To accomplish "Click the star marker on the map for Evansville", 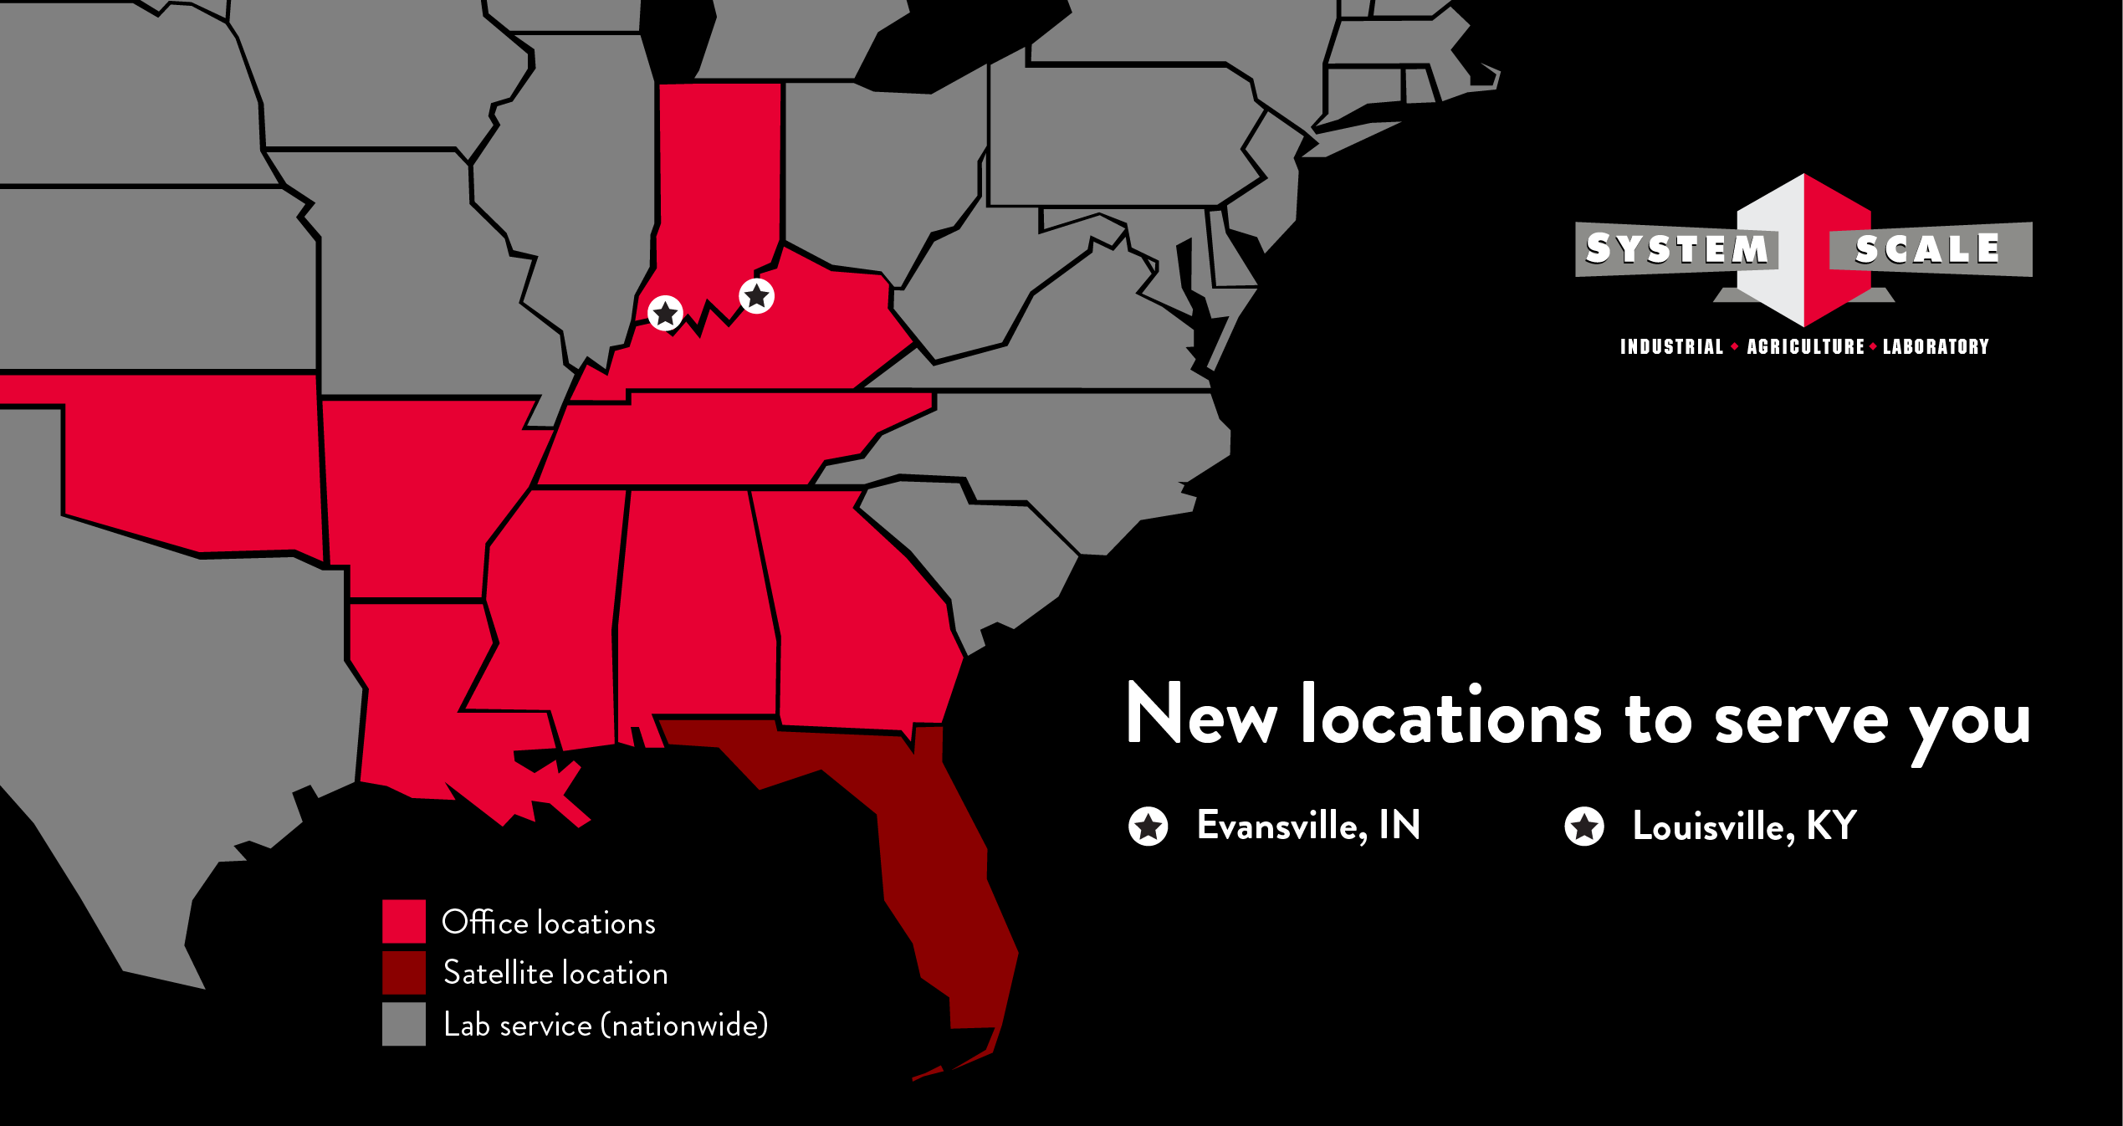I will tap(665, 314).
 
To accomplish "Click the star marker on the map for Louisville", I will tap(757, 296).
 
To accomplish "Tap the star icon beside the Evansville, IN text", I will tap(1148, 827).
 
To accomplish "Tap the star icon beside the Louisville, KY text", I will tap(1584, 827).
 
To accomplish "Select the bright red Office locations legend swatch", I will tap(404, 922).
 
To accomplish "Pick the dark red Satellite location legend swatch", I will tap(404, 973).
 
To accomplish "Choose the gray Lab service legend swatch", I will tap(404, 1024).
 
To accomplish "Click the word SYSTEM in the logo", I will tap(1676, 248).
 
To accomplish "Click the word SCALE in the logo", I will tap(1927, 249).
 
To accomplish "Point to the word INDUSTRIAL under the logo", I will tap(1671, 346).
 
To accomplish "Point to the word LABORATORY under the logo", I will tap(1936, 346).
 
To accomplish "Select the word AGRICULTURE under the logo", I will tap(1805, 346).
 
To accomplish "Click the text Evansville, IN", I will tap(1308, 826).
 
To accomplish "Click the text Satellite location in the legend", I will tap(555, 973).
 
